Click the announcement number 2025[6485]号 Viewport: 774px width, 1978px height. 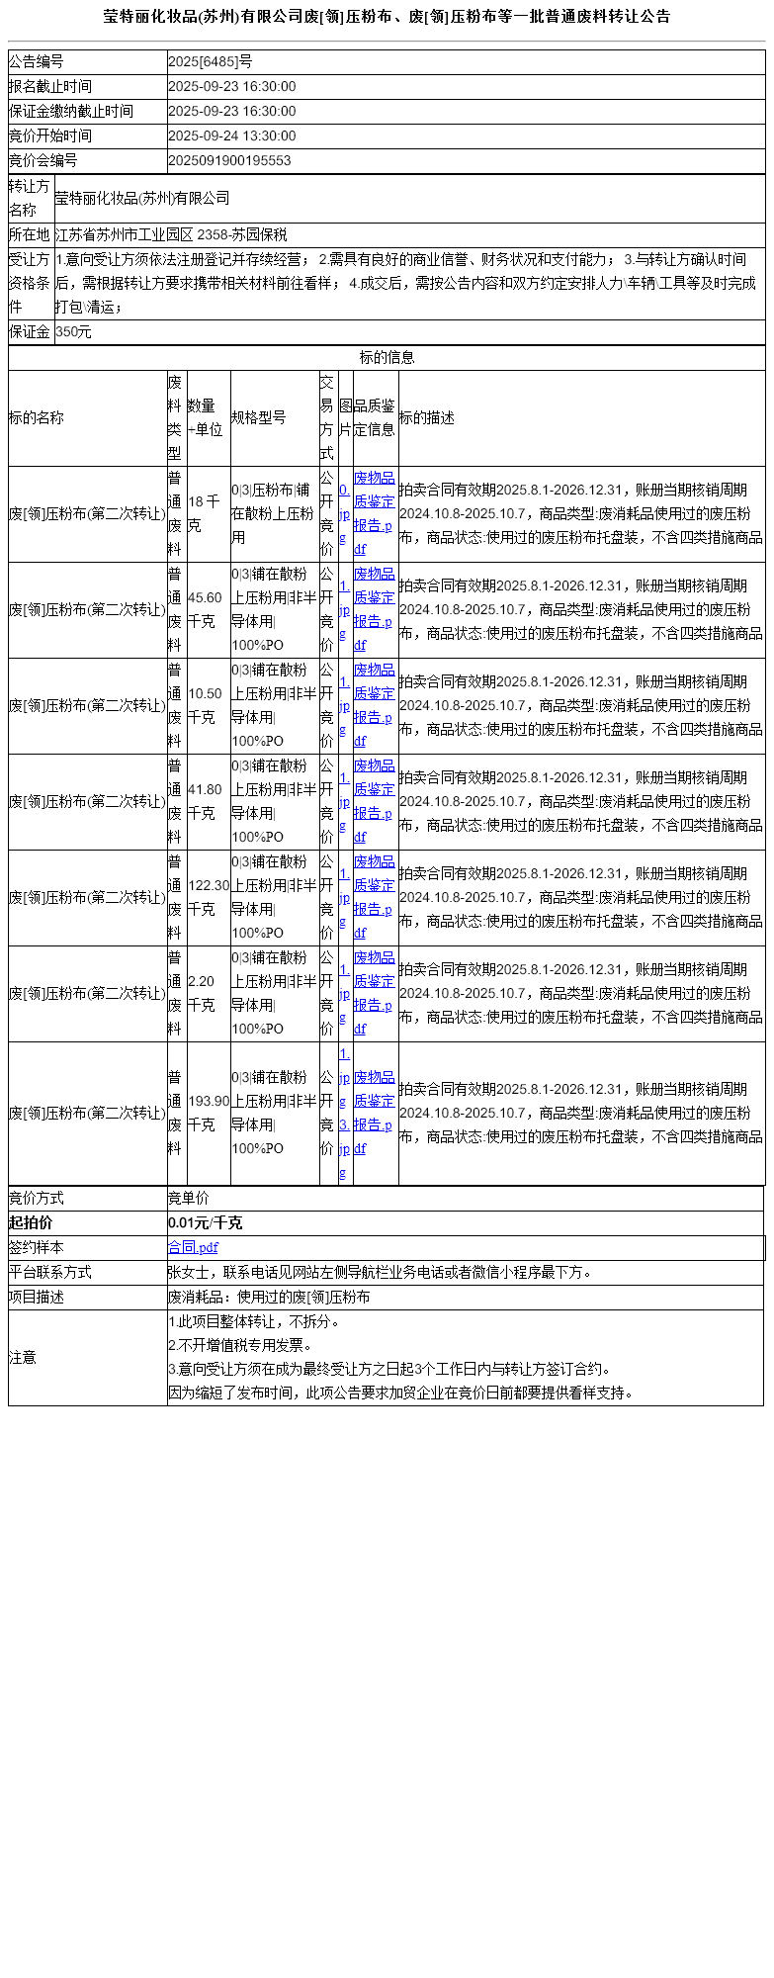click(210, 62)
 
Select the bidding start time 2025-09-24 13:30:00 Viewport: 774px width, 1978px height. click(231, 136)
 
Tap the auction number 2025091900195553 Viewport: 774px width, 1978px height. click(229, 161)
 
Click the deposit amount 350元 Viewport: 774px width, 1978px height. click(73, 332)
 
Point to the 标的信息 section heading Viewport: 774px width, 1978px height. click(387, 358)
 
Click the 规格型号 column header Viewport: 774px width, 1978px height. click(259, 418)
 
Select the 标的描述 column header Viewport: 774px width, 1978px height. click(427, 418)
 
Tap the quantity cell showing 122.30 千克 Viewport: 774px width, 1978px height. click(208, 898)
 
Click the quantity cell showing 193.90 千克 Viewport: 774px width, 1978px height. click(208, 1114)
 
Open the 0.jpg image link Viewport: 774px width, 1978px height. click(344, 514)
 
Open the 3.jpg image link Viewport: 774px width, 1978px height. click(344, 1149)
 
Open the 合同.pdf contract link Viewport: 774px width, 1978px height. click(193, 1248)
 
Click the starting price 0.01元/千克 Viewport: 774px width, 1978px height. click(205, 1223)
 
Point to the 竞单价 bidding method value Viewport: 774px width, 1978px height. click(189, 1199)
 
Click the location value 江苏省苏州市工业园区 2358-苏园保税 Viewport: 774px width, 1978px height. click(171, 235)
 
